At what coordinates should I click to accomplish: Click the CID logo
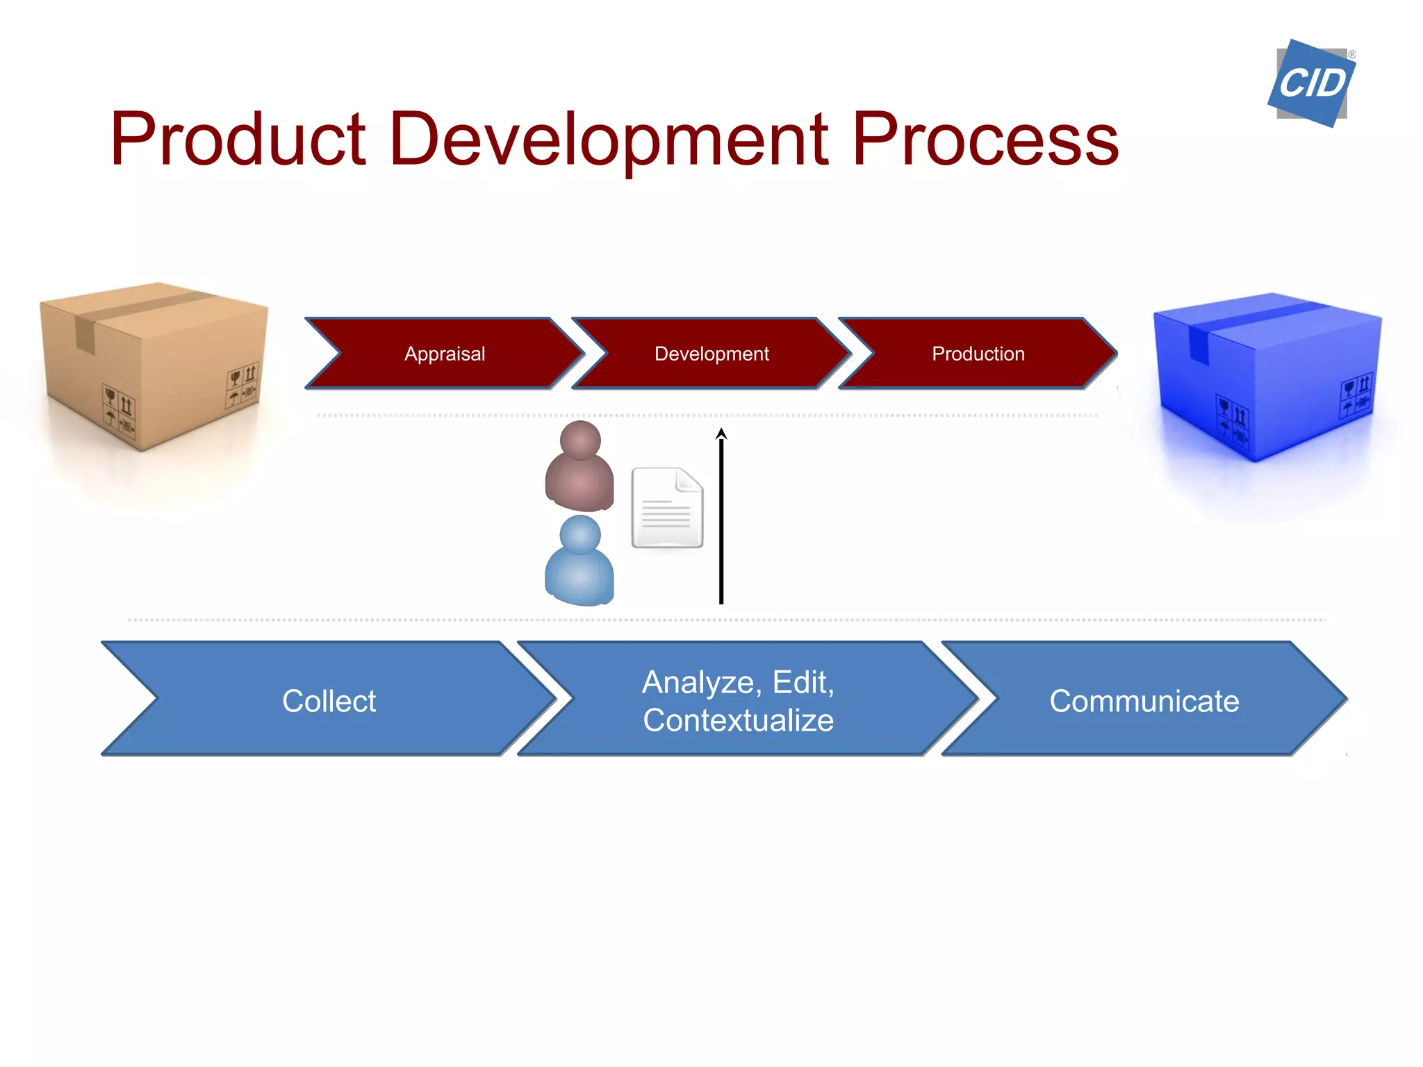click(x=1311, y=83)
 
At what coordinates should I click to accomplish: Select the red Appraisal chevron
click(x=445, y=354)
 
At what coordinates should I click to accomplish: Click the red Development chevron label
click(x=711, y=354)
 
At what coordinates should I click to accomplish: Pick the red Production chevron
click(x=978, y=354)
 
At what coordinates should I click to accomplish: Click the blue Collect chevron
click(x=329, y=700)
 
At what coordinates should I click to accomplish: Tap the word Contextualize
click(x=738, y=720)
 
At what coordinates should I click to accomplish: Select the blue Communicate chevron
click(x=1144, y=700)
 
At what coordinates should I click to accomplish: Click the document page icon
click(x=667, y=508)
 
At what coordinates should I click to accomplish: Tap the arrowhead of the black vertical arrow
click(x=721, y=433)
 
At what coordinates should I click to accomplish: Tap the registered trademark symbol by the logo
click(x=1352, y=54)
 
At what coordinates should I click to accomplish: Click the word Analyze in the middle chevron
click(x=698, y=682)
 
